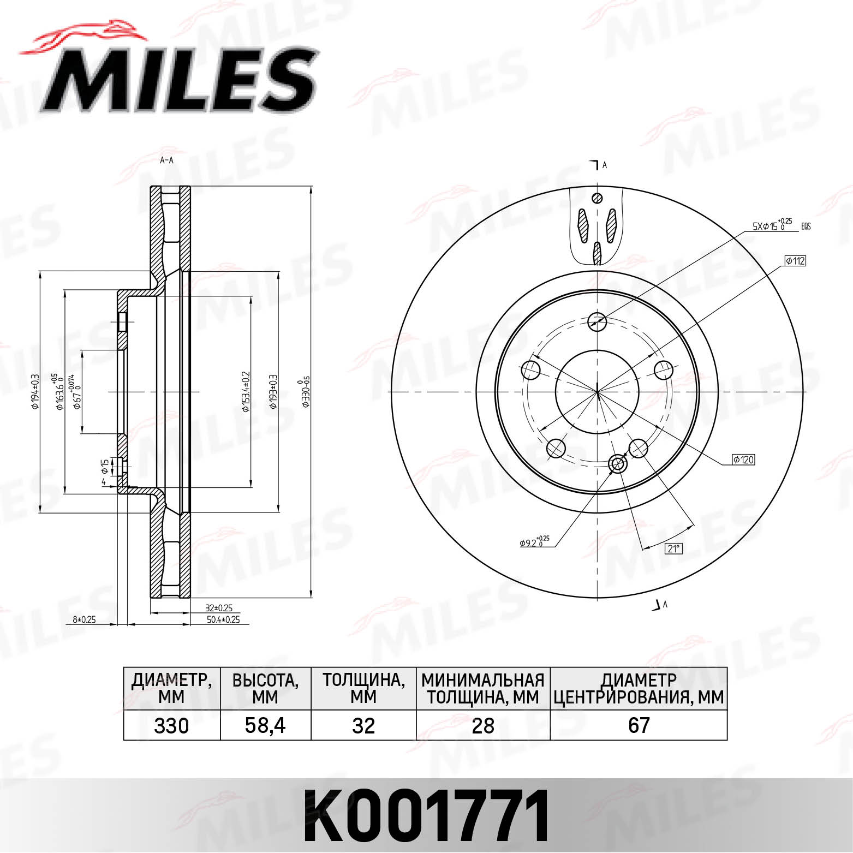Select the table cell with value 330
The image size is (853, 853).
coord(171,725)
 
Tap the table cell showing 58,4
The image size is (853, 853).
coord(265,725)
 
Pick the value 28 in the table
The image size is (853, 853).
coord(483,725)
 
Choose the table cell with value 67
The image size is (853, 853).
coord(639,725)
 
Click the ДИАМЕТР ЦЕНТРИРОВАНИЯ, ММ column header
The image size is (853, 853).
coord(639,689)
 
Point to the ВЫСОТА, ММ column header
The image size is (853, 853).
coord(265,689)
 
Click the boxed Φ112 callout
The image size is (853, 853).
coord(795,261)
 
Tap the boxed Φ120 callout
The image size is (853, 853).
coord(743,460)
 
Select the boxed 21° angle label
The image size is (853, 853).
coord(674,548)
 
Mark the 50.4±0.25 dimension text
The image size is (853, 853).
coord(223,619)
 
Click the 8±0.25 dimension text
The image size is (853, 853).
coord(84,619)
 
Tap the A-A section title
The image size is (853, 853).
coord(166,160)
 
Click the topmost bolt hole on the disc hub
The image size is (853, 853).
coord(598,321)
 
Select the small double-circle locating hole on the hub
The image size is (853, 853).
coord(618,464)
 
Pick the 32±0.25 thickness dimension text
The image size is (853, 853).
coord(219,607)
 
